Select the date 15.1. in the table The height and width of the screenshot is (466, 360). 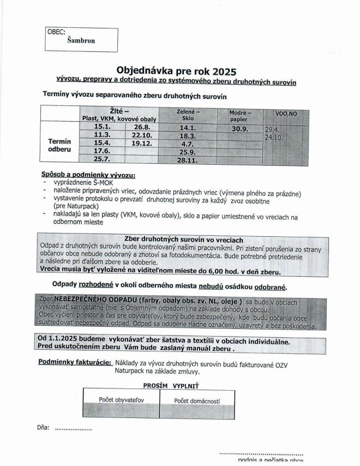[x=103, y=127]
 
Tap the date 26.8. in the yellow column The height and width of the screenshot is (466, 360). [x=142, y=127]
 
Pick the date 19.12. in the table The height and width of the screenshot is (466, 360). [x=142, y=143]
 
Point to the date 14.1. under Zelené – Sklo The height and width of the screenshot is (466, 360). [x=188, y=128]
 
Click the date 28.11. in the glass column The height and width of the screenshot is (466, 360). [x=187, y=161]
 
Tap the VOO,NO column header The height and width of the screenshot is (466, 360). [x=286, y=113]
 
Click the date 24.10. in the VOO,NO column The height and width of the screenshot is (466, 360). [x=274, y=138]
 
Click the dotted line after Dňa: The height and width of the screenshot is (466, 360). [x=74, y=429]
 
